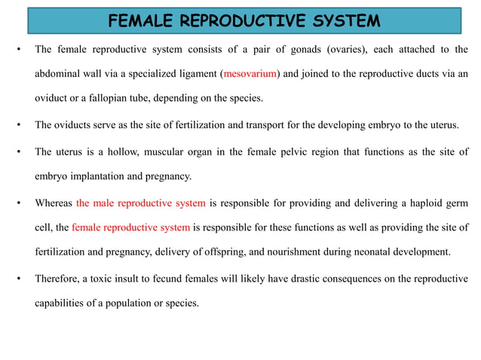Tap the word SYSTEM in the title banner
(x=345, y=20)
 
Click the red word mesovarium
(x=251, y=74)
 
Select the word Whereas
(x=54, y=203)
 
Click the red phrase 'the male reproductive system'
(x=141, y=203)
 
